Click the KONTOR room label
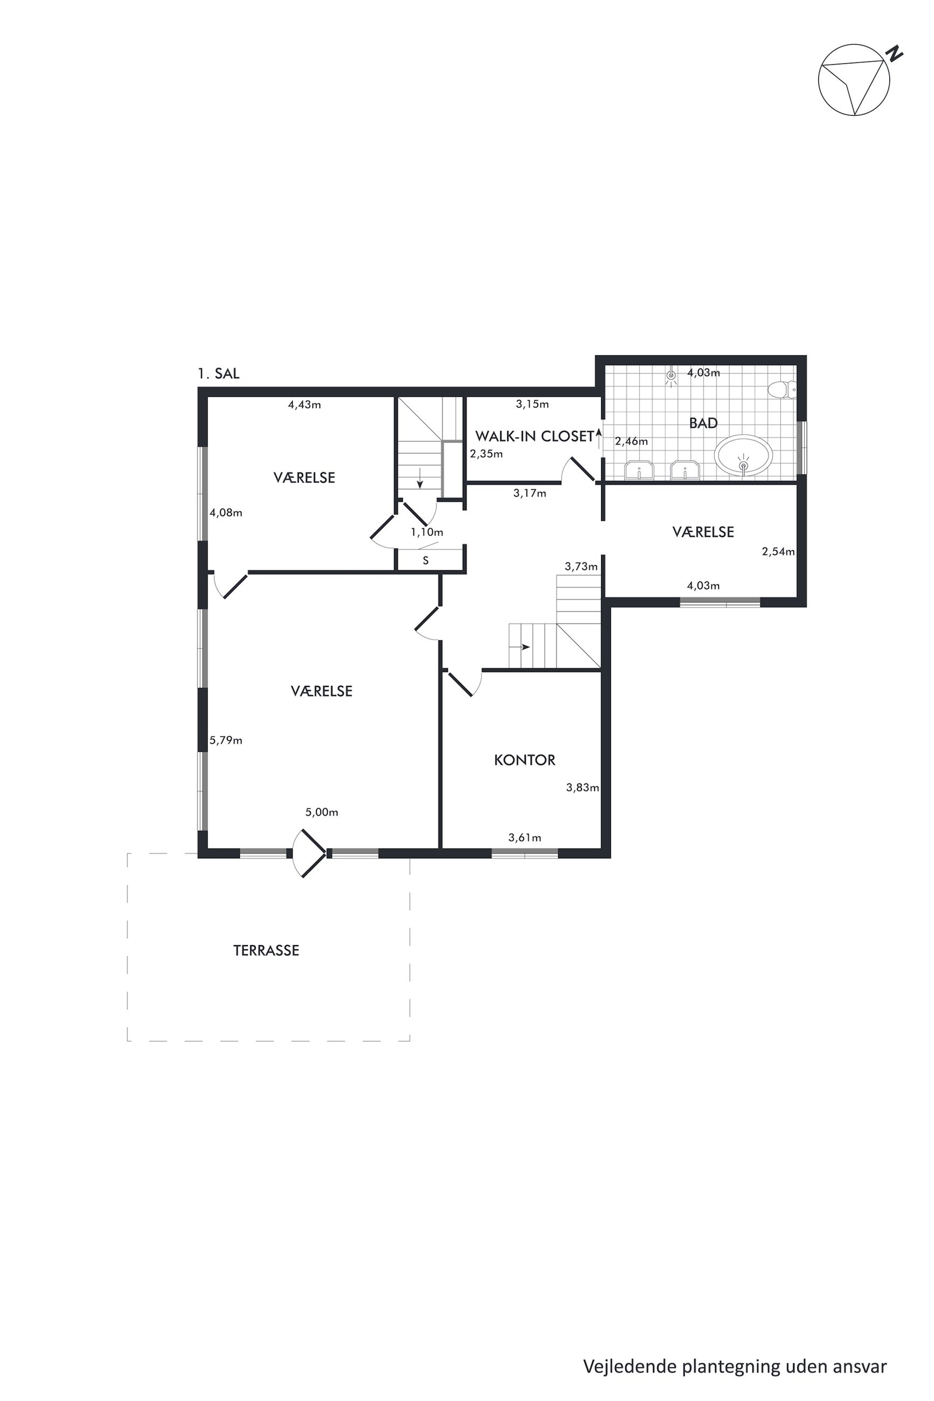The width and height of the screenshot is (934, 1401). [524, 760]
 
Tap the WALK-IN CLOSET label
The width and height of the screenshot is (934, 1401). [534, 436]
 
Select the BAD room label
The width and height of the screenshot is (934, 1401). [703, 424]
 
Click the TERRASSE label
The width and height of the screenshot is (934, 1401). [266, 951]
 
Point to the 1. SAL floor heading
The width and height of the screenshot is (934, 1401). [218, 373]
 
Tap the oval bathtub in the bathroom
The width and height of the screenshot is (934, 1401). [743, 455]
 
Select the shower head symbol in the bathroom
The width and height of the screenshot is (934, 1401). [672, 376]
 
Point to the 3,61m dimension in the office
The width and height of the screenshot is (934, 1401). [524, 838]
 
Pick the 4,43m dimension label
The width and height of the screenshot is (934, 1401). [305, 405]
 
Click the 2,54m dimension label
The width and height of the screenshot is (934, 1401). [778, 551]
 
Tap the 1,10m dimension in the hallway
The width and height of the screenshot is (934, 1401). [426, 532]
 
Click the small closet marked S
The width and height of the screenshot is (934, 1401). [425, 560]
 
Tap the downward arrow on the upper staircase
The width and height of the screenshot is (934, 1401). [420, 477]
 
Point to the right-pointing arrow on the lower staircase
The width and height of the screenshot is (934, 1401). [525, 647]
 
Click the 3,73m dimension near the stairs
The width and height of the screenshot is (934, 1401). [581, 566]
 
